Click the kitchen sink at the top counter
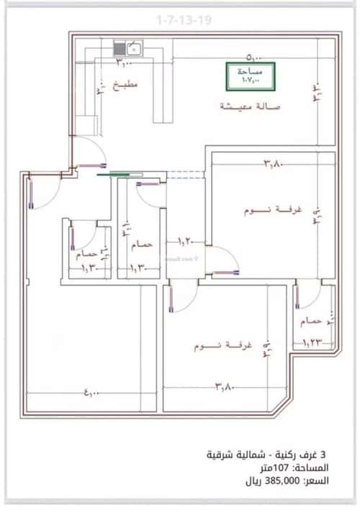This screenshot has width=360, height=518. click(x=133, y=49)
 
